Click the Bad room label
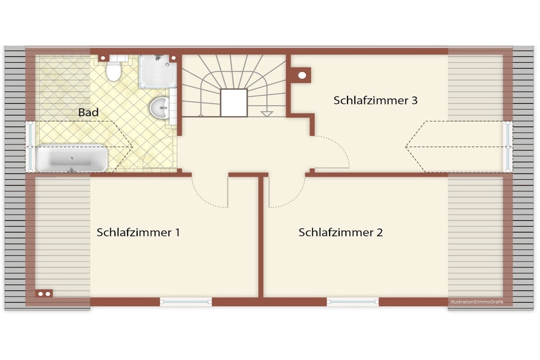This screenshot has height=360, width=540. click(x=88, y=112)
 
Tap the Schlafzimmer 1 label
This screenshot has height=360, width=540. click(x=138, y=232)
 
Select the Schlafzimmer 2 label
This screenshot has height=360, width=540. click(x=341, y=232)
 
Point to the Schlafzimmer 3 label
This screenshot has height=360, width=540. click(x=375, y=100)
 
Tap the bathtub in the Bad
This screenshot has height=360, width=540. click(x=72, y=158)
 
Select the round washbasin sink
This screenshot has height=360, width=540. click(x=160, y=108)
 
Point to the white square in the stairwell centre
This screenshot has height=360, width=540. click(x=234, y=103)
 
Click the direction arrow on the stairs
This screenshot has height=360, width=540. click(x=266, y=114)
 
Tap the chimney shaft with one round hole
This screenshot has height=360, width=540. click(x=302, y=75)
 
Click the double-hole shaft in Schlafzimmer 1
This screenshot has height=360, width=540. click(x=44, y=294)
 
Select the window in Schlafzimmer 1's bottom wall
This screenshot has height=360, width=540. click(x=186, y=302)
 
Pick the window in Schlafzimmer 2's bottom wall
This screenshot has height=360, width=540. click(x=353, y=302)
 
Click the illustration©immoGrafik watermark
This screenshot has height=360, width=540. click(x=477, y=302)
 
